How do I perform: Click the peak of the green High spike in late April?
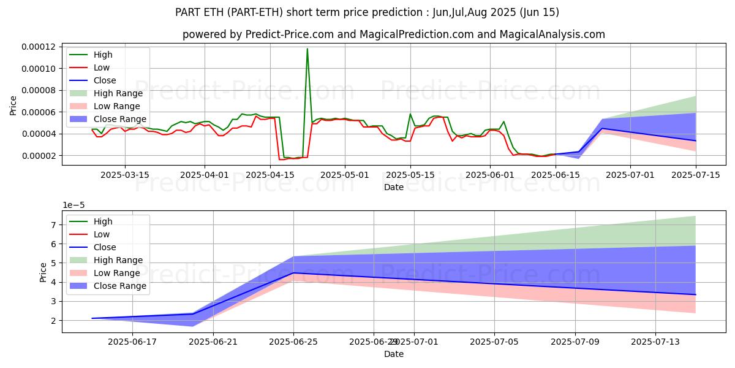pyautogui.click(x=307, y=49)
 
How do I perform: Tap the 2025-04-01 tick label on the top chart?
pyautogui.click(x=205, y=175)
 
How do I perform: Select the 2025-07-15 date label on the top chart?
pyautogui.click(x=695, y=175)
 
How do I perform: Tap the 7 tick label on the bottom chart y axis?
pyautogui.click(x=53, y=225)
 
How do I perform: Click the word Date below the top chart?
pyautogui.click(x=394, y=187)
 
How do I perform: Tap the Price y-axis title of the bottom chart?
pyautogui.click(x=43, y=272)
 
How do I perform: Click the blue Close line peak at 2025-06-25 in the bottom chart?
pyautogui.click(x=294, y=273)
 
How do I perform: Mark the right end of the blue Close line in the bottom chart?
pyautogui.click(x=695, y=294)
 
